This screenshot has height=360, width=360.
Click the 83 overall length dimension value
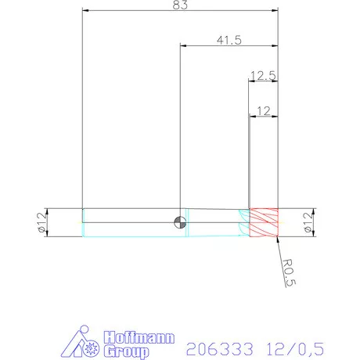(180, 5)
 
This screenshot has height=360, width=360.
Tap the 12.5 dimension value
(262, 76)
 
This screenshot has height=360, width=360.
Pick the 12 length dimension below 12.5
(264, 111)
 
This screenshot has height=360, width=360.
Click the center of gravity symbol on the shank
(181, 222)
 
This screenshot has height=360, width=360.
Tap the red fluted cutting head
(264, 222)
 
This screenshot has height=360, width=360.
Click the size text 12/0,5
(293, 345)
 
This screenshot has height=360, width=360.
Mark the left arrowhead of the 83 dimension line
(85, 11)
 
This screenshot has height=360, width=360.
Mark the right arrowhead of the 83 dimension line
(275, 11)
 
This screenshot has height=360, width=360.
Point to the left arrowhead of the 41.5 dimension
(184, 46)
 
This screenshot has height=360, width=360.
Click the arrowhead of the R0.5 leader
(277, 239)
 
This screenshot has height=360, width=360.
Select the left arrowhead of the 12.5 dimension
(251, 81)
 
